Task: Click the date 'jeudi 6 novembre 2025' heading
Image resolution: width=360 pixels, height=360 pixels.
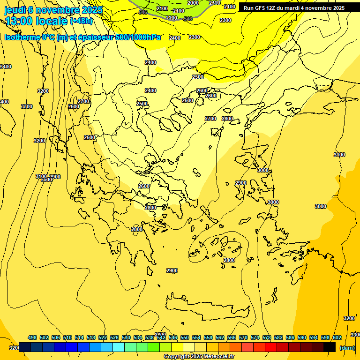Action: [53, 10]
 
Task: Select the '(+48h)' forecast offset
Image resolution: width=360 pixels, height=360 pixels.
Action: [81, 21]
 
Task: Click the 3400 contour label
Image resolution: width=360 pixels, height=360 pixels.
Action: [6, 67]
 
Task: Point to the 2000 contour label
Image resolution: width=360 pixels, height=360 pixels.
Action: [193, 3]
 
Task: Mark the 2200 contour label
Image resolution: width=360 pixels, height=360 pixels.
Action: [172, 18]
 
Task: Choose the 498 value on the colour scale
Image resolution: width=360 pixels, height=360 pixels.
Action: [32, 337]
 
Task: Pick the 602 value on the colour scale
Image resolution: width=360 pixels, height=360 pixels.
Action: [337, 337]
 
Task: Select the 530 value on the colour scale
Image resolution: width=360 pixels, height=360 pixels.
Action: [126, 337]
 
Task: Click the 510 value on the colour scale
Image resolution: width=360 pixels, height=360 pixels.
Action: [67, 337]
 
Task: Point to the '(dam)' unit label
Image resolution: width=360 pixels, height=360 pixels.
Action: [347, 347]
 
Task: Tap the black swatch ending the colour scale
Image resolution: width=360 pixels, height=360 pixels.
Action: [330, 347]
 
